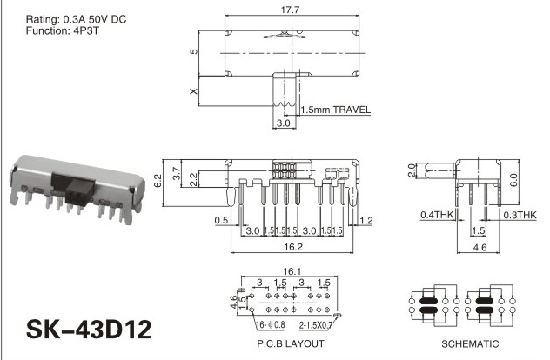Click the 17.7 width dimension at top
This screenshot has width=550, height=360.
click(290, 10)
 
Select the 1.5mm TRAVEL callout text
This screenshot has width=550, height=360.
click(335, 110)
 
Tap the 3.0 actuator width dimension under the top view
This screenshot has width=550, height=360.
click(284, 123)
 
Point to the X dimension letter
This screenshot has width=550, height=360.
click(193, 91)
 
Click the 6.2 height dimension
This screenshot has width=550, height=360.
click(158, 181)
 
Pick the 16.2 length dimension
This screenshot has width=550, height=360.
click(293, 247)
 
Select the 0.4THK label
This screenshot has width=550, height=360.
click(438, 215)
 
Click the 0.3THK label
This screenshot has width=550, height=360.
click(520, 215)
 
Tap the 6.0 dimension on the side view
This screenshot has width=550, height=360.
click(513, 180)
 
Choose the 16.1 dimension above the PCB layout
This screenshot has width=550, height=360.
click(292, 271)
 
